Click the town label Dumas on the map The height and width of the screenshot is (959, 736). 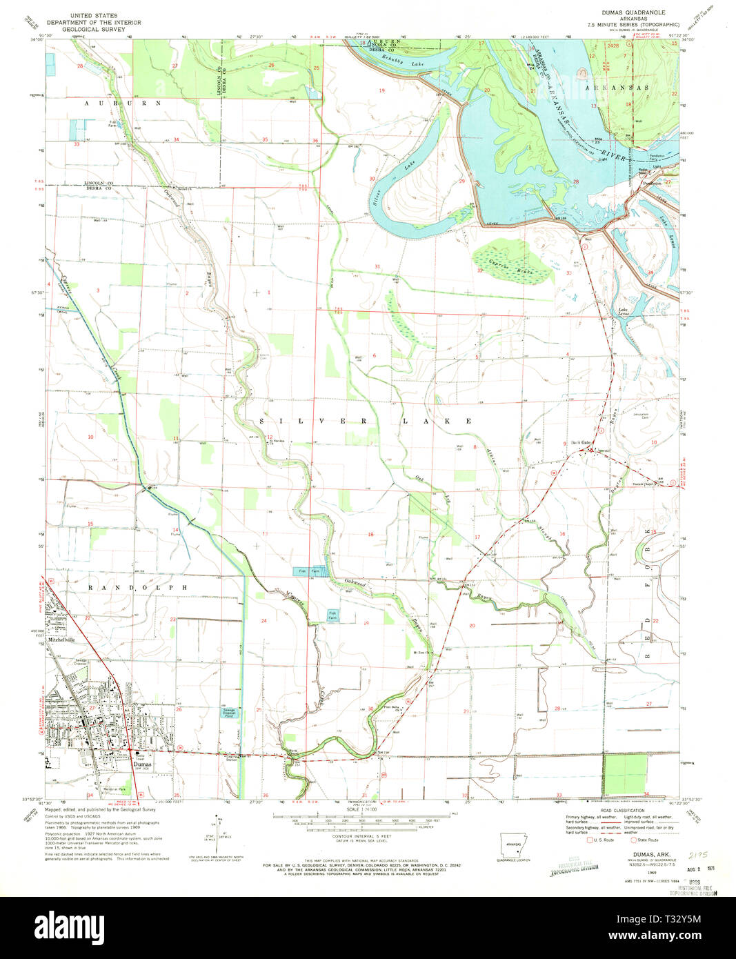(141, 765)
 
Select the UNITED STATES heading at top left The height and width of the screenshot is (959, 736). (107, 15)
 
